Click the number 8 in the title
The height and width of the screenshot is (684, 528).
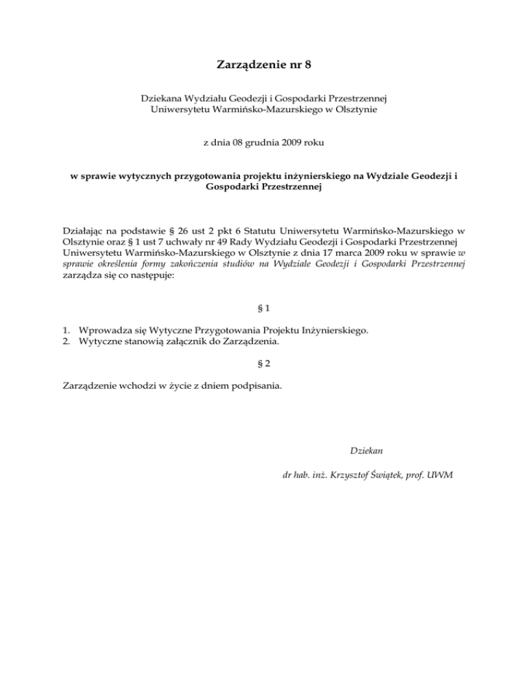(x=308, y=67)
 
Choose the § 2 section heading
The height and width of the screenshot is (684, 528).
(x=264, y=363)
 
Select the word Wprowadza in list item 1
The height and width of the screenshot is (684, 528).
(x=104, y=330)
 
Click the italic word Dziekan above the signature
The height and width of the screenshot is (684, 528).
(x=366, y=451)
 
